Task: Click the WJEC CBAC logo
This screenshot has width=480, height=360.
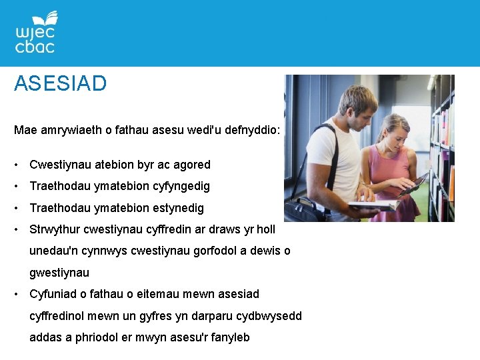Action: coord(36,33)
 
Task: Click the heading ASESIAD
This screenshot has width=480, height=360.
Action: coord(60,84)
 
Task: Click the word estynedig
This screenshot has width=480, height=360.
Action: coord(173,208)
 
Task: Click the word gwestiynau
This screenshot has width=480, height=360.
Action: coord(59,273)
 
